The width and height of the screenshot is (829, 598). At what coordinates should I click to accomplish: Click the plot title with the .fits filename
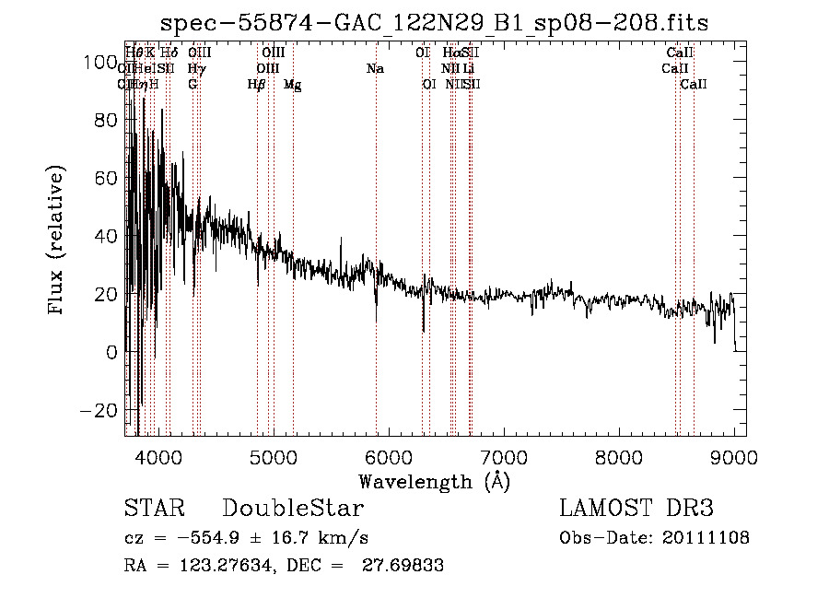click(x=434, y=23)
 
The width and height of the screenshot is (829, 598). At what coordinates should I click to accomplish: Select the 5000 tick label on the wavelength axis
click(x=274, y=456)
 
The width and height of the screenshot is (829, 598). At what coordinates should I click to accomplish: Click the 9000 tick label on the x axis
click(x=734, y=456)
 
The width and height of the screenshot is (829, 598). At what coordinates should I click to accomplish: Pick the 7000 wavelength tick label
click(x=504, y=456)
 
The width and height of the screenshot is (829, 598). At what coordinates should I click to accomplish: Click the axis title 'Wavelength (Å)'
click(x=434, y=481)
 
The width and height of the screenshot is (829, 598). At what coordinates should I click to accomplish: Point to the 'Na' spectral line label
click(x=375, y=68)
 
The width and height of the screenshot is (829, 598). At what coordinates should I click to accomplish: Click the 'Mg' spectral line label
click(x=292, y=85)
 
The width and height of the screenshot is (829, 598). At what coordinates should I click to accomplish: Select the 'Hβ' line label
click(x=257, y=84)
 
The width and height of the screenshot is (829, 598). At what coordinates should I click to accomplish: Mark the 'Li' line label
click(x=469, y=68)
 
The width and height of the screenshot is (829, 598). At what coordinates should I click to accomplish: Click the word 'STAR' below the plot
click(x=154, y=509)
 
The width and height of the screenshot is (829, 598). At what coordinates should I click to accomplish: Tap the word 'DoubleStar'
click(x=293, y=509)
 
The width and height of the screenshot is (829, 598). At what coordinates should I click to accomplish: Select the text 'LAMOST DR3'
click(x=636, y=509)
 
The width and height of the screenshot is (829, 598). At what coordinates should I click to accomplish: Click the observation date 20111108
click(x=709, y=538)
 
